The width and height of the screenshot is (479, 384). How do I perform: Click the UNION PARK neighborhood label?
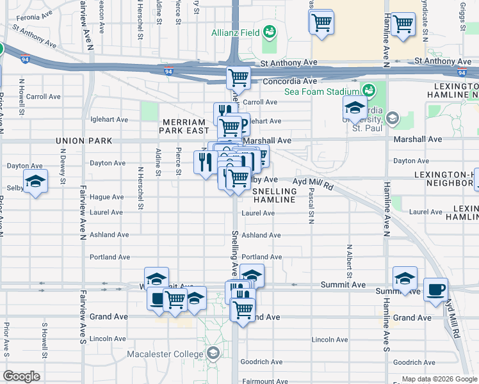pos(83,140)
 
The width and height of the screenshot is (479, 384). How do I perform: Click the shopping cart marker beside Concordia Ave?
pos(238,77)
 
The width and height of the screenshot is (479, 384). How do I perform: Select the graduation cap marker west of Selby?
pos(36,180)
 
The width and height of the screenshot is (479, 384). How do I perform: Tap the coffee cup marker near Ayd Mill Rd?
pos(435,289)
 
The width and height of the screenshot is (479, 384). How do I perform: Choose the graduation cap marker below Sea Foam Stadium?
pos(355,108)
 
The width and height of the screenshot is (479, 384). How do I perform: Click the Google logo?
pos(21,376)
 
